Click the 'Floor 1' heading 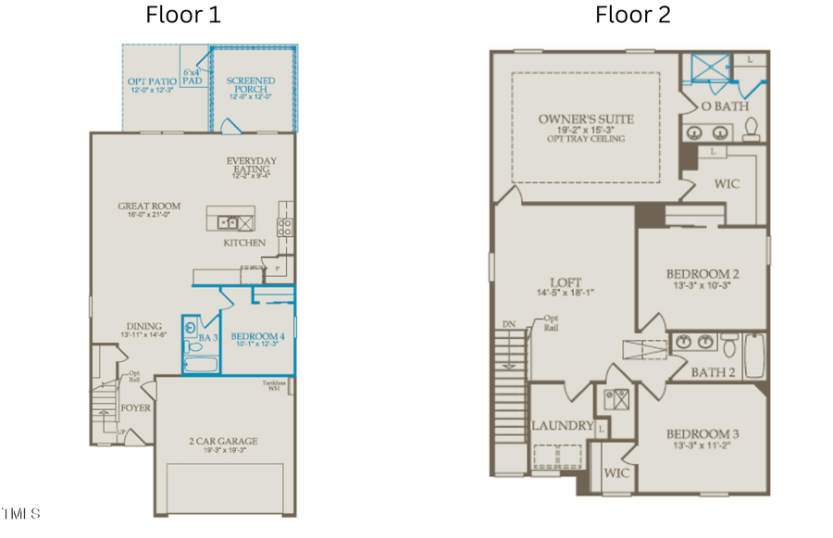click(x=183, y=15)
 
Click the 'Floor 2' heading click(x=632, y=15)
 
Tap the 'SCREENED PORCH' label click(x=251, y=86)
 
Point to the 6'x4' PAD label click(x=192, y=76)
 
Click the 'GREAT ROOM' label click(x=149, y=206)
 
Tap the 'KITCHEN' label click(x=244, y=243)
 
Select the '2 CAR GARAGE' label click(x=223, y=441)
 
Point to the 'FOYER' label click(x=135, y=407)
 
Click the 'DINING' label click(x=144, y=326)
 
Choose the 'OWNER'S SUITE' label click(x=586, y=119)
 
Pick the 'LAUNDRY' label click(x=562, y=426)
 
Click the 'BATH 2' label click(x=714, y=372)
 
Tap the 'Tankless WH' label click(x=274, y=386)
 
